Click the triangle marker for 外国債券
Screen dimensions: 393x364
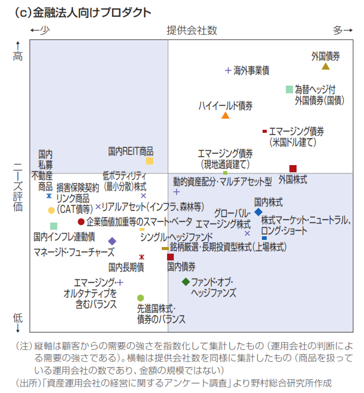point(326,66)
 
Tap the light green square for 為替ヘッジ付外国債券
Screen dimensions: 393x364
point(289,90)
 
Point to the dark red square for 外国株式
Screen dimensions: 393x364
point(293,169)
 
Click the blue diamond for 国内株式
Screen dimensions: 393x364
point(258,212)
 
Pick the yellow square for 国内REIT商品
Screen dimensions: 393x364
point(150,161)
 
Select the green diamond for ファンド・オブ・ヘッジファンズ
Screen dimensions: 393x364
point(186,281)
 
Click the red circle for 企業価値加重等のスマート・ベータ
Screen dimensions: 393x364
point(81,222)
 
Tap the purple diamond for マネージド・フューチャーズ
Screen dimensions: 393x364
point(112,241)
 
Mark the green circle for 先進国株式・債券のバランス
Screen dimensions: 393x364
point(140,298)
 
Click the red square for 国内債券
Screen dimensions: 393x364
point(171,257)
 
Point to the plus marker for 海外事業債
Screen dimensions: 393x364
point(228,71)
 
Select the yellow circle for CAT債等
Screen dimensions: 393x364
point(51,210)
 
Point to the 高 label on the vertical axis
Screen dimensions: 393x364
point(18,56)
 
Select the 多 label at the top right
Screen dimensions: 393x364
point(338,30)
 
